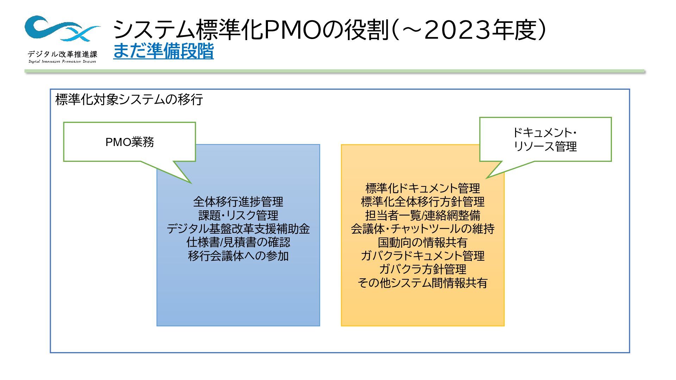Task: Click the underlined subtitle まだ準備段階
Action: pyautogui.click(x=163, y=51)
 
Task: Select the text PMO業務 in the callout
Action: pyautogui.click(x=130, y=142)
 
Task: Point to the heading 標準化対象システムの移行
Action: pyautogui.click(x=129, y=100)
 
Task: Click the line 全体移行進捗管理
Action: pyautogui.click(x=238, y=202)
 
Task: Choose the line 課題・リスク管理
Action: pyautogui.click(x=238, y=215)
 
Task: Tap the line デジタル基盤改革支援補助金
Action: pyautogui.click(x=238, y=229)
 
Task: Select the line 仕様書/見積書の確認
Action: pyautogui.click(x=238, y=242)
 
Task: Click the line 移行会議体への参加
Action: pyautogui.click(x=238, y=256)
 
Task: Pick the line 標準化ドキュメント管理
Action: pyautogui.click(x=423, y=188)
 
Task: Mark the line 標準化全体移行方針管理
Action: pyautogui.click(x=423, y=202)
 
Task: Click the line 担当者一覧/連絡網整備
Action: pyautogui.click(x=423, y=215)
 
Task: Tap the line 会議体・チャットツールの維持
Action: pyautogui.click(x=423, y=229)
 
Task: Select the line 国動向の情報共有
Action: pyautogui.click(x=423, y=242)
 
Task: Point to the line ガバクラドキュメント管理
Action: pyautogui.click(x=423, y=256)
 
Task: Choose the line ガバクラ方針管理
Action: pyautogui.click(x=423, y=270)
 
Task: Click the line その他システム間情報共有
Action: pyautogui.click(x=423, y=283)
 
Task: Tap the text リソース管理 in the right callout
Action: pyautogui.click(x=545, y=146)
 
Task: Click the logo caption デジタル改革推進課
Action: pyautogui.click(x=62, y=54)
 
